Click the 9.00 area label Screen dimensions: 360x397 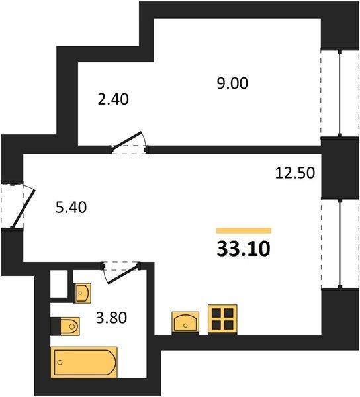232,83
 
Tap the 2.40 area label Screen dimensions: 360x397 113,99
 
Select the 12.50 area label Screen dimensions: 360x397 295,173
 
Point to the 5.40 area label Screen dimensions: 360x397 71,207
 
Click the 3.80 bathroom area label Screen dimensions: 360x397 111,318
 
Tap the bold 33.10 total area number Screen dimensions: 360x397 244,249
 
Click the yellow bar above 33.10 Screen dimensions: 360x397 244,230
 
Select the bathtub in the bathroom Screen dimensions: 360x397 84,363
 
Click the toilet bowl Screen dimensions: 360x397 70,326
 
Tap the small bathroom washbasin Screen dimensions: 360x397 82,293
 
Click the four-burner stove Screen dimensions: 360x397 222,320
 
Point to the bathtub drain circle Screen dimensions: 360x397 60,363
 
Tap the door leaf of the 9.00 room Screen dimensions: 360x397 126,142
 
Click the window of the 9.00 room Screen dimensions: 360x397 339,93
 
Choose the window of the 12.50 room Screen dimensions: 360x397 340,243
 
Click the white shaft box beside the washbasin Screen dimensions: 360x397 59,284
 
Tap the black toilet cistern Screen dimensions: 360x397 56,326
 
